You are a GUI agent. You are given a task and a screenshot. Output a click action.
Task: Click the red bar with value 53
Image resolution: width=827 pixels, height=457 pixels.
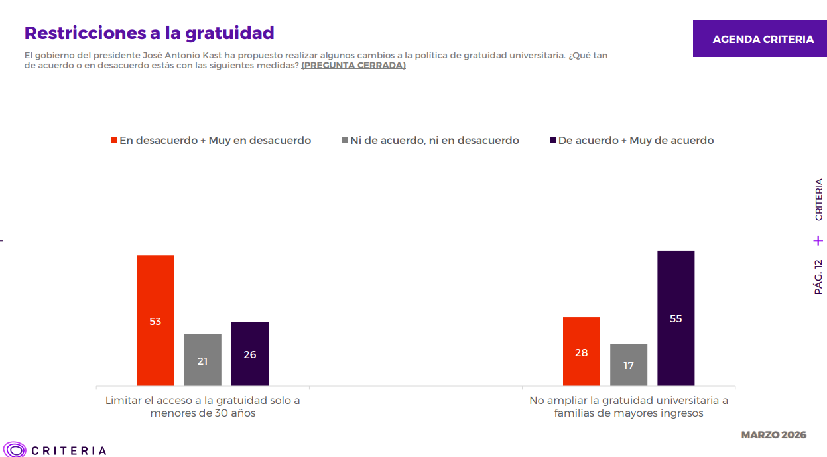point(155,320)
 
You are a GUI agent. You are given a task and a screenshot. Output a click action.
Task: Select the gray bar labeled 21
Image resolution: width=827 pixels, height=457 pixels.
point(202,360)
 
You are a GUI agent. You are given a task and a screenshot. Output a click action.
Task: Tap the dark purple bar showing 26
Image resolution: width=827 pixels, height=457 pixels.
point(249,354)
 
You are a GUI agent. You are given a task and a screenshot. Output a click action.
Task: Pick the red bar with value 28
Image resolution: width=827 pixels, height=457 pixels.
point(581,352)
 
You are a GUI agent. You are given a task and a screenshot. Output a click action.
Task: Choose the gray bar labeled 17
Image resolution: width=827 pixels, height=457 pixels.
point(628,365)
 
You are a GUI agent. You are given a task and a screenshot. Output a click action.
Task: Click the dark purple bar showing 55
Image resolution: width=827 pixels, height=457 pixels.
point(675,318)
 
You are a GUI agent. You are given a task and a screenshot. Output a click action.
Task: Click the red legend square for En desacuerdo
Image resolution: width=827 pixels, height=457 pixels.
point(114,141)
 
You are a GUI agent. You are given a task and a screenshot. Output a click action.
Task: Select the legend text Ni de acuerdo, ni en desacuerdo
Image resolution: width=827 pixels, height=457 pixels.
point(434,141)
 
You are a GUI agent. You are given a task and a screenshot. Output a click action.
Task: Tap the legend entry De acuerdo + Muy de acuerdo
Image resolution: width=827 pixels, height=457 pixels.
point(635,141)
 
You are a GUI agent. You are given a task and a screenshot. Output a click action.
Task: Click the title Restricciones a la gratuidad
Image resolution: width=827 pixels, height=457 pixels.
point(149,33)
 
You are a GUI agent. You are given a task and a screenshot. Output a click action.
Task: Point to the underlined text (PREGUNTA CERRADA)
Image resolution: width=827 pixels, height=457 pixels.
point(353,66)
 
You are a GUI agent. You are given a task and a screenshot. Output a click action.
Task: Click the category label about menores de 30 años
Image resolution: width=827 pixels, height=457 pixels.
point(202,407)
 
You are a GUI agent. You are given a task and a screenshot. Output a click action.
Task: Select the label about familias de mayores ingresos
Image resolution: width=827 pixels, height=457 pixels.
point(628,407)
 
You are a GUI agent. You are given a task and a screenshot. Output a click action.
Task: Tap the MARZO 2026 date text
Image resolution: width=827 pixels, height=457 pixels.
point(773,435)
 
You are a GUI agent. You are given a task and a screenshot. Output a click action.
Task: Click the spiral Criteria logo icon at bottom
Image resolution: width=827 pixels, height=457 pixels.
point(14,450)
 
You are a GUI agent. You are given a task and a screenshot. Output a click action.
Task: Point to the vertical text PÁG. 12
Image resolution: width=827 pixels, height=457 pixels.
point(818,277)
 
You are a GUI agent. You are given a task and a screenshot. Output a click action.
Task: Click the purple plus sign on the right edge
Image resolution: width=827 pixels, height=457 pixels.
point(818,241)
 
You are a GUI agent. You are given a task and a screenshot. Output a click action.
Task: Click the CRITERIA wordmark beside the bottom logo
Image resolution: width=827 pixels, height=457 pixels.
point(69,450)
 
